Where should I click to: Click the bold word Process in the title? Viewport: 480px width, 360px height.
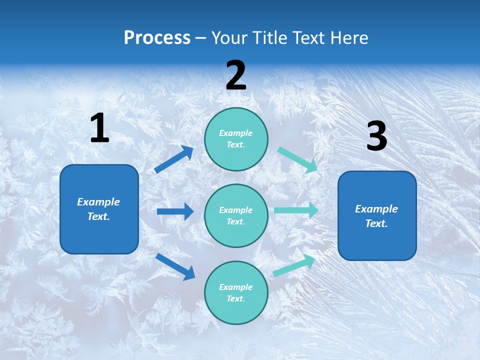coord(157,38)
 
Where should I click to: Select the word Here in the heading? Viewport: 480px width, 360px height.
coord(348,38)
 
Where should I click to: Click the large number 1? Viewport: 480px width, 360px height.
coord(99,128)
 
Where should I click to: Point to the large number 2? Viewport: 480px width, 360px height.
coord(236,75)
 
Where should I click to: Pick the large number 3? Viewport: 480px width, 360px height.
coord(376,137)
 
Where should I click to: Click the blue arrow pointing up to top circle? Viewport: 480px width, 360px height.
coord(174,159)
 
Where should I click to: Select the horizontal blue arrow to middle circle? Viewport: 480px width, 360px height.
coord(175,211)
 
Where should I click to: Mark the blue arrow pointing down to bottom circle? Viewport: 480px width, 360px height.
coord(175,266)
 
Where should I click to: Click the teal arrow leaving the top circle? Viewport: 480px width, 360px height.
coord(298,159)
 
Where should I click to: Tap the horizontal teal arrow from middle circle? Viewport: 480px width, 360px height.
coord(296,210)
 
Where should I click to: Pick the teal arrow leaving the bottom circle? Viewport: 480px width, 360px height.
coord(294,265)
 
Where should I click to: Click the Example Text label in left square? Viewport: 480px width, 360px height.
coord(98,209)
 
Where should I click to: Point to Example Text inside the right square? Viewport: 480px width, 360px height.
coord(376,216)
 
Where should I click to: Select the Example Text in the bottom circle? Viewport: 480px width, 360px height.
coord(235,292)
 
